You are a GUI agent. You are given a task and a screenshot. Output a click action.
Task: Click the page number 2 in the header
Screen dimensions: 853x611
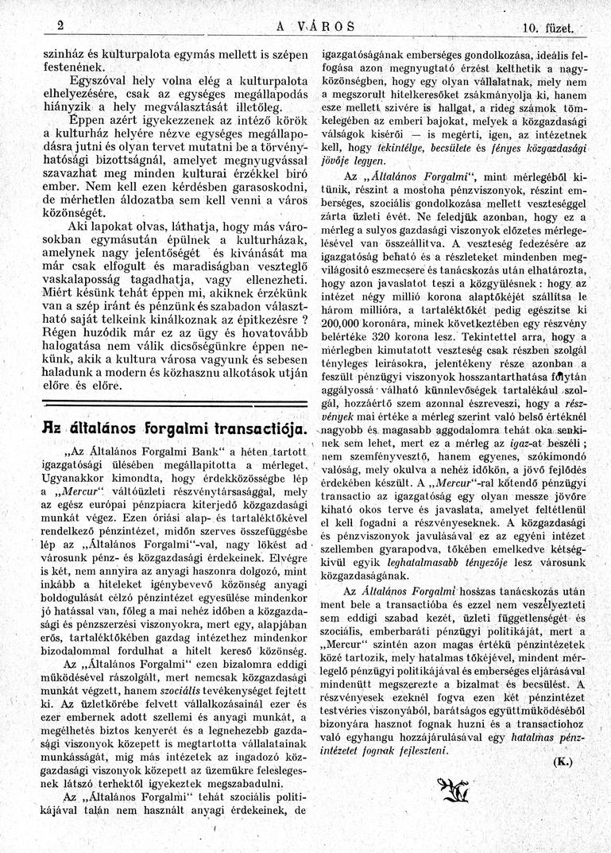tap(60, 25)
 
